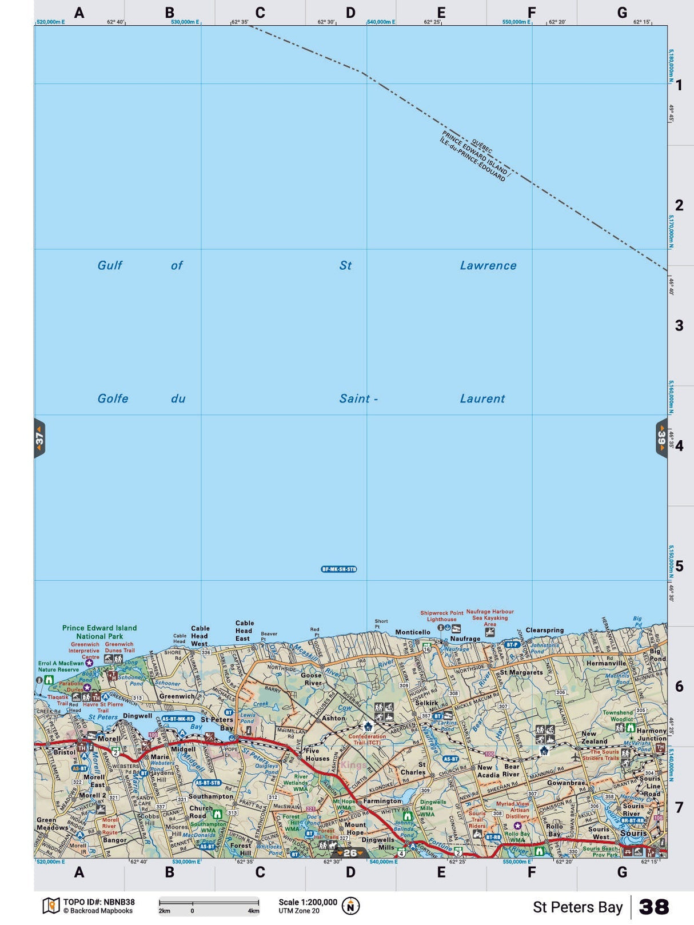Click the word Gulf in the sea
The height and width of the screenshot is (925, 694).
(x=110, y=265)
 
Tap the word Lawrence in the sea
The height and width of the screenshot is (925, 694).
(x=488, y=265)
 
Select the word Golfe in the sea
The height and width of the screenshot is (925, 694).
(x=113, y=398)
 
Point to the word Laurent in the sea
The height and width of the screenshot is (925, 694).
(x=482, y=398)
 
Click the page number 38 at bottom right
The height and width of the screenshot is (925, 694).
(x=653, y=907)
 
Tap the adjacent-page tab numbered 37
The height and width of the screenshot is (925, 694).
(x=39, y=438)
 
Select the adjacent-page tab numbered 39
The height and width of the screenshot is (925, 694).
(x=661, y=438)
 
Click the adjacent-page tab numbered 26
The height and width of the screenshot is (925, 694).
(x=350, y=853)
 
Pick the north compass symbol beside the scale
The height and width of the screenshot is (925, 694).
(x=350, y=906)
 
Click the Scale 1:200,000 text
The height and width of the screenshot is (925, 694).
(x=308, y=902)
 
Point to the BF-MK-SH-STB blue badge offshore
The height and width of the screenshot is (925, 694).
(x=339, y=569)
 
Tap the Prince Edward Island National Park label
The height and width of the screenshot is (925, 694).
(x=99, y=632)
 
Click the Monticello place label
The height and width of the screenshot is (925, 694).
(x=413, y=632)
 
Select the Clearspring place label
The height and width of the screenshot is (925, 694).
(x=544, y=630)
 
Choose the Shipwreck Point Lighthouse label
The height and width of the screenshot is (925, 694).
(x=442, y=616)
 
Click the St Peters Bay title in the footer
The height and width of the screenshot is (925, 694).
(x=577, y=907)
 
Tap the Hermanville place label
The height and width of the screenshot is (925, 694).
(x=606, y=663)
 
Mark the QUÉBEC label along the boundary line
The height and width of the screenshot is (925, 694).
(x=482, y=146)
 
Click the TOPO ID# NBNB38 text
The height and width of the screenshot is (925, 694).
(x=99, y=902)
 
